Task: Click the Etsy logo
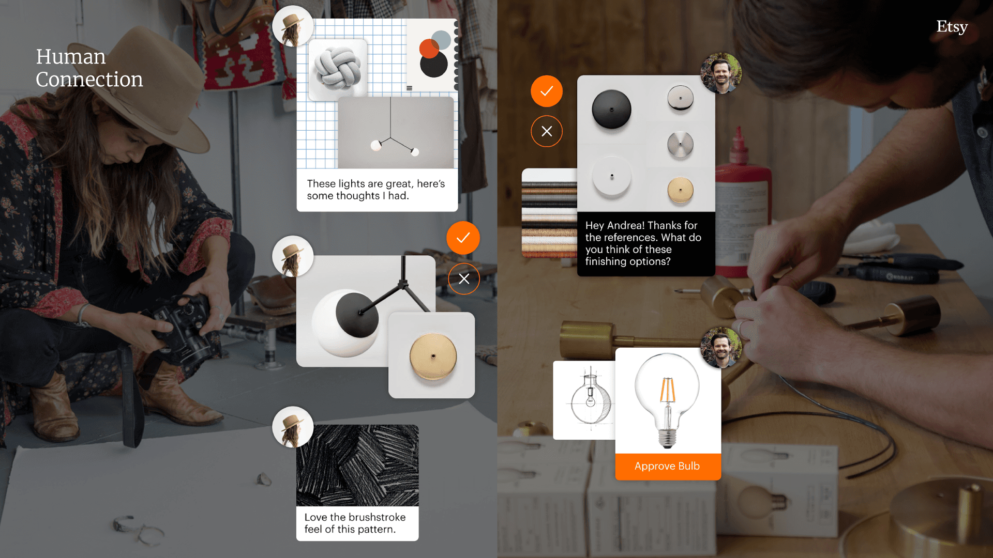[952, 26]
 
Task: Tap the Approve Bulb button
[668, 467]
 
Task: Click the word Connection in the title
[89, 80]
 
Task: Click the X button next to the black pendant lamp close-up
[464, 279]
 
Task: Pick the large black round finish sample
[611, 109]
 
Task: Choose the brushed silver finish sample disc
[680, 145]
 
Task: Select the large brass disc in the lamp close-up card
[433, 357]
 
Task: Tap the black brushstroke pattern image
[357, 465]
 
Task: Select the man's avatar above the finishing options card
[721, 73]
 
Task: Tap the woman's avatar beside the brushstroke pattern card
[293, 427]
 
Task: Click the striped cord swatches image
[549, 213]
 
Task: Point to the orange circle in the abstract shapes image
[429, 49]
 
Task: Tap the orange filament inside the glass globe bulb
[667, 390]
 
